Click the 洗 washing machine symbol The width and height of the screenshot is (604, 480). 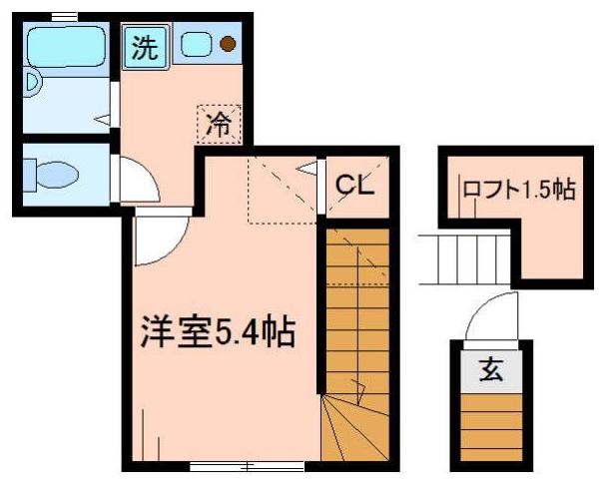click(x=146, y=48)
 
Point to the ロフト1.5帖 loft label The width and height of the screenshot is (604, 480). click(x=518, y=190)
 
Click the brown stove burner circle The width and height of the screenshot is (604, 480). click(x=229, y=44)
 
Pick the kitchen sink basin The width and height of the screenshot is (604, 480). click(x=196, y=44)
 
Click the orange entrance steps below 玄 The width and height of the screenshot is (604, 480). click(x=491, y=424)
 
